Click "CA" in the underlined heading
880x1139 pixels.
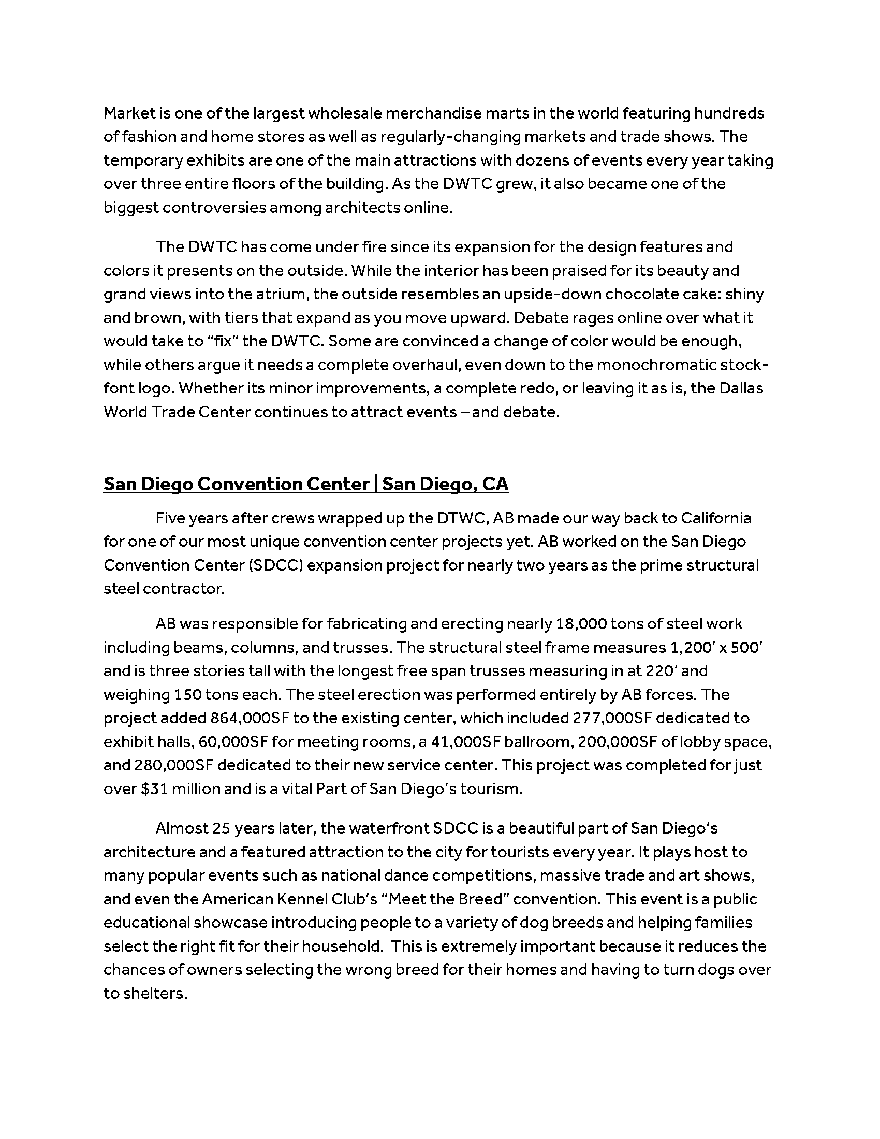[495, 484]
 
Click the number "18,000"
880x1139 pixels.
[580, 624]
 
